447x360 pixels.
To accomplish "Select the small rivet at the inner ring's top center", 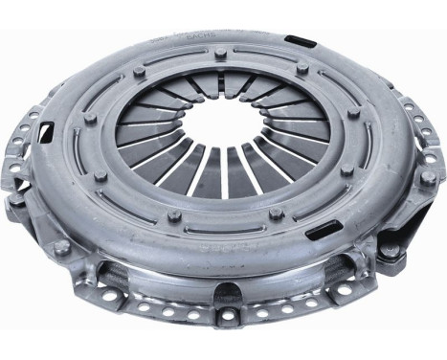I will pos(222,53).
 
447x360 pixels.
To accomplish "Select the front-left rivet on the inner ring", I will pos(174,214).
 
